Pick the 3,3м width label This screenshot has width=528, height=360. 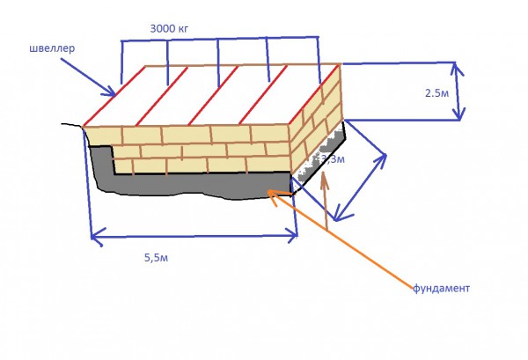(x=334, y=159)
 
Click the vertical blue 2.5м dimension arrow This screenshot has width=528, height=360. (x=457, y=90)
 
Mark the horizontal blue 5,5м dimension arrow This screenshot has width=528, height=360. (x=194, y=235)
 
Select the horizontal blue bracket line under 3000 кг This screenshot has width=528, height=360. (x=220, y=40)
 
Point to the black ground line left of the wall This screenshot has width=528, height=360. (x=72, y=125)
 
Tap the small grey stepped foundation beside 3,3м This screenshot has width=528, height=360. (x=317, y=158)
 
